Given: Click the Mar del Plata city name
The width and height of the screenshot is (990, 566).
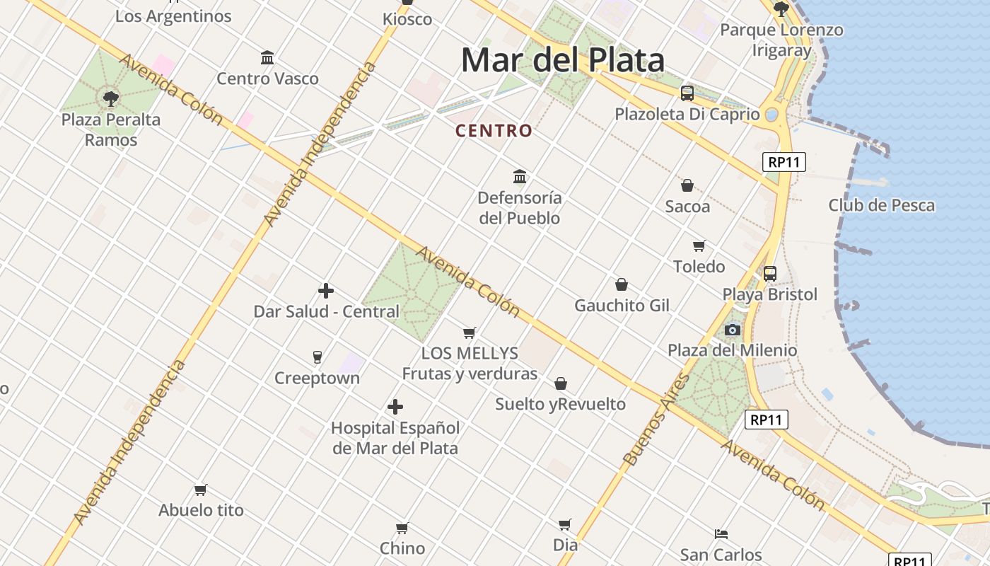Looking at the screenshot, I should pos(562,61).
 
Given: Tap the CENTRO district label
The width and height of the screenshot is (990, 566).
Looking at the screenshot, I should pos(494,131).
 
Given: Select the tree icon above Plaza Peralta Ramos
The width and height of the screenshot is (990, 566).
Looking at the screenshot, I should pos(110,98).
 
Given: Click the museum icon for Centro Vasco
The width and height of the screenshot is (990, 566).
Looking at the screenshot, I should pos(267,57).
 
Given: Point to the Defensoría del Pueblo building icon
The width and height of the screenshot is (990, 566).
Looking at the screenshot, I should pos(520,176).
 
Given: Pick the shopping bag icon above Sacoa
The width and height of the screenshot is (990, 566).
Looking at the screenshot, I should pos(687,185).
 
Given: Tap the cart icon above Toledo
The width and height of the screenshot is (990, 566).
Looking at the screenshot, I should pos(699,246).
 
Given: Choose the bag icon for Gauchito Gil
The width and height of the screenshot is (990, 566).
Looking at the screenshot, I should pos(622,284).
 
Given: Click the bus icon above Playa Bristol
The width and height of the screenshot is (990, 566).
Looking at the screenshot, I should pos(769,273).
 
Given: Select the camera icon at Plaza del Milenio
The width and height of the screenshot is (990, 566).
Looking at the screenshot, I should pos(732,330).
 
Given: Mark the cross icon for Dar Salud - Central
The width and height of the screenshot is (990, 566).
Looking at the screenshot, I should pos(326,291).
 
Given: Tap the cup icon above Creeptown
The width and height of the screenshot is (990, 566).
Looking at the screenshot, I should pos(317,357).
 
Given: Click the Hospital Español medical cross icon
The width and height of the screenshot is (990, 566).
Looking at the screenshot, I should pos(395,407).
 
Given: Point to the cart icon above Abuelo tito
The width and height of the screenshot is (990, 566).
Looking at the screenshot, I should pos(201,490).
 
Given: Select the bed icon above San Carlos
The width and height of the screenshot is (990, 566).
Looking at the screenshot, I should pos(721,533).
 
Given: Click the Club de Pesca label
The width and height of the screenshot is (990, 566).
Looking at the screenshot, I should pos(881,205).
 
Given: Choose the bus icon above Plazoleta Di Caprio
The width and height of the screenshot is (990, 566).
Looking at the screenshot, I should pos(687,93).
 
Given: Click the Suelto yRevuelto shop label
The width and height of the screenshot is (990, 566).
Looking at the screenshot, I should pos(560,404).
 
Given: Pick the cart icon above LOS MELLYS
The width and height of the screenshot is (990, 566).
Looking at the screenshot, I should pos(469,333).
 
